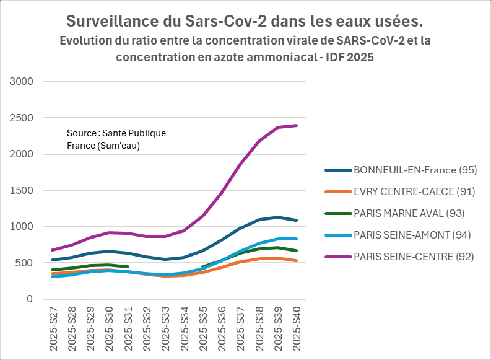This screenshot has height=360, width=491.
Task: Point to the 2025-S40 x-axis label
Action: click(297, 331)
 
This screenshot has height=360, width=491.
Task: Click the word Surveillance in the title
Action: click(111, 22)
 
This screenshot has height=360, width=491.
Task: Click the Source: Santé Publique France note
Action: click(116, 139)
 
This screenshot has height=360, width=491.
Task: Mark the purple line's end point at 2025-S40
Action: click(297, 126)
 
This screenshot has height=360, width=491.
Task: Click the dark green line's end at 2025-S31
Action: click(128, 267)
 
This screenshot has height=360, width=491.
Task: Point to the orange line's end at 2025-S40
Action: click(297, 261)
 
